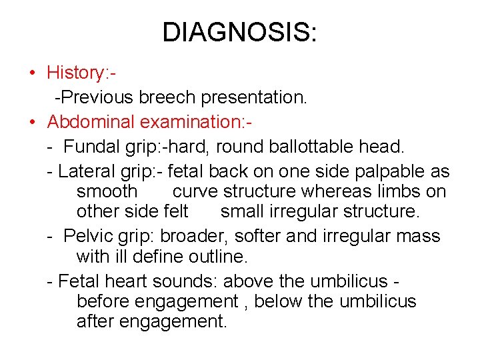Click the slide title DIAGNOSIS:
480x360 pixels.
click(240, 32)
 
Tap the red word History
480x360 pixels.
click(73, 72)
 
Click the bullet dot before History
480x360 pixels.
click(32, 73)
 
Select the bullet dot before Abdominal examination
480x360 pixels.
click(32, 122)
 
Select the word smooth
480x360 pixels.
click(107, 191)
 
